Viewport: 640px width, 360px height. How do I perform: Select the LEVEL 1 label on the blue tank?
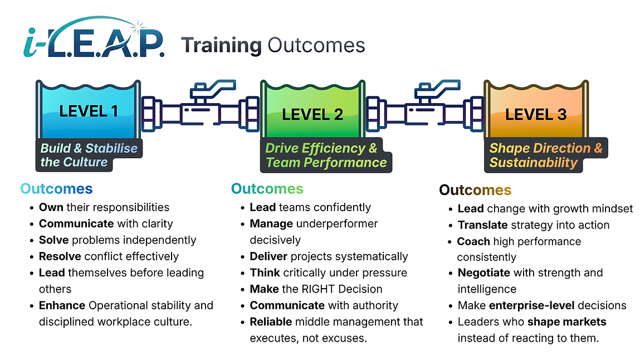[88, 110]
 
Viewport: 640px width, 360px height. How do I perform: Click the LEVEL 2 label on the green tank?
[312, 115]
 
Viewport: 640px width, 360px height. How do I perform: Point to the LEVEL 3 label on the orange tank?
[535, 115]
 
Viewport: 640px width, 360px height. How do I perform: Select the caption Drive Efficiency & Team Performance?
[326, 155]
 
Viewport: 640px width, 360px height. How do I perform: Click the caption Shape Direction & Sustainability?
[545, 155]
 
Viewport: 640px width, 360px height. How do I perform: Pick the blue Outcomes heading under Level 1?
[56, 189]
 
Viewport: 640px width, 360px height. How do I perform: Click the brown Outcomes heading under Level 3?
[475, 190]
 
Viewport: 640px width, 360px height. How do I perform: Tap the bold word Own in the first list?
[51, 207]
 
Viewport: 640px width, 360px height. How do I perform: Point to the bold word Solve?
[53, 240]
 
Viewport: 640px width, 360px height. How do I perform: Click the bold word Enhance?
[62, 305]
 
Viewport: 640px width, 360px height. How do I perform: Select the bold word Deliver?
[269, 256]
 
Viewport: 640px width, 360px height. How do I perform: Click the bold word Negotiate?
[483, 273]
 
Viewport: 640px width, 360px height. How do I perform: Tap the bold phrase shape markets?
[567, 322]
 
